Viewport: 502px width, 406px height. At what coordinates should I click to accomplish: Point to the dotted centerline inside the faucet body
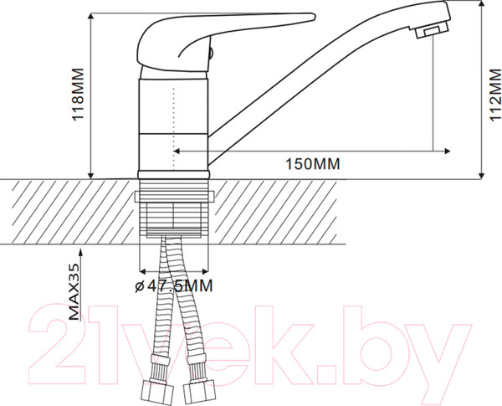[x=173, y=126]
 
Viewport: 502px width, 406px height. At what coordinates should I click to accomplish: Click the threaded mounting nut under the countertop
[x=173, y=213]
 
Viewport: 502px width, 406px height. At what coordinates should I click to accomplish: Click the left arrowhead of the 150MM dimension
[x=177, y=152]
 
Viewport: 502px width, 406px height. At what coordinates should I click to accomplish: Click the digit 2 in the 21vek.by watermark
[x=59, y=344]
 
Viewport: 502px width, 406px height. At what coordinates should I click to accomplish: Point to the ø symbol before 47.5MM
[x=139, y=286]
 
